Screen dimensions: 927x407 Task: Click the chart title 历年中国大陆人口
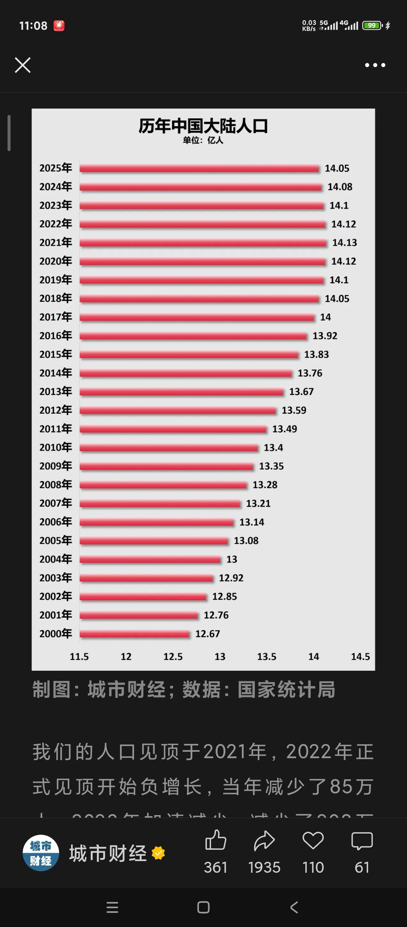[x=203, y=126]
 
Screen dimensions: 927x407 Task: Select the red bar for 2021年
[x=203, y=243]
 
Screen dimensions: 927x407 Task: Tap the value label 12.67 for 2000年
[x=207, y=634]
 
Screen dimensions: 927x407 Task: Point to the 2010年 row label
[x=56, y=447]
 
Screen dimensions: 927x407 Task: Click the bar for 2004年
[x=150, y=560]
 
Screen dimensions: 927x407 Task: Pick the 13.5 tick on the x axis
[x=266, y=657]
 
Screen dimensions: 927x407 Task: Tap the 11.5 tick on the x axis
[x=79, y=657]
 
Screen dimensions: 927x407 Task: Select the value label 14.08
[x=340, y=187]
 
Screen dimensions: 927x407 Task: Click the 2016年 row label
[x=56, y=336]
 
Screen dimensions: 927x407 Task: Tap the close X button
[x=23, y=65]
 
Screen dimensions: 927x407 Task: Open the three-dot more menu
[x=375, y=65]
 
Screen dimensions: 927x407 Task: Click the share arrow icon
[x=264, y=841]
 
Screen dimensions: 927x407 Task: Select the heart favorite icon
[x=313, y=841]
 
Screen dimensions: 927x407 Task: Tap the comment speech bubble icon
[x=362, y=841]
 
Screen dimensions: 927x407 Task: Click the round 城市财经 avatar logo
[x=41, y=853]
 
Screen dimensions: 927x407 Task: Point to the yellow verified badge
[x=158, y=853]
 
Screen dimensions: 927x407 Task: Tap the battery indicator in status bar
[x=372, y=26]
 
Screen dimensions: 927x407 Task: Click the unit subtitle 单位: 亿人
[x=203, y=141]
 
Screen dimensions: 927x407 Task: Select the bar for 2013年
[x=181, y=392]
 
